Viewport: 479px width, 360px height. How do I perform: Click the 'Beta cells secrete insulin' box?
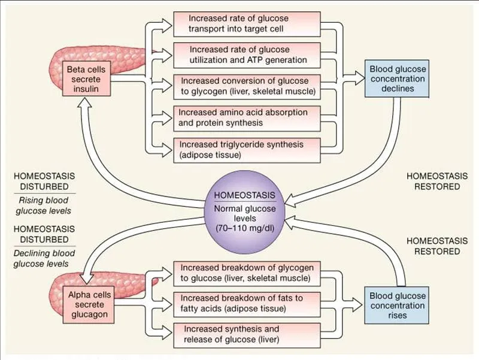pyautogui.click(x=88, y=79)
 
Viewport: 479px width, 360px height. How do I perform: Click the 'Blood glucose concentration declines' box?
pyautogui.click(x=397, y=79)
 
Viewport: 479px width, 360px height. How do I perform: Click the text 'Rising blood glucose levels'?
pyautogui.click(x=41, y=205)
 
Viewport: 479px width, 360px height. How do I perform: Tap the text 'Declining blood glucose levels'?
pyautogui.click(x=41, y=258)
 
